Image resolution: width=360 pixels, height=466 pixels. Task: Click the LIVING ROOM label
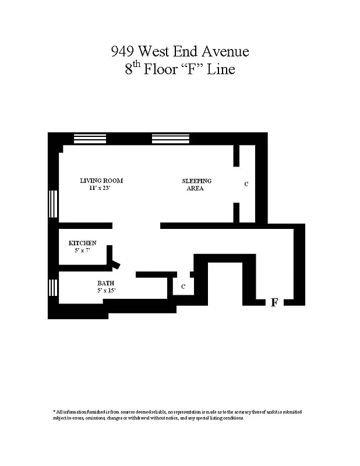[x=101, y=181]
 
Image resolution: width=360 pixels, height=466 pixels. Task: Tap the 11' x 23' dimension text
[x=99, y=188]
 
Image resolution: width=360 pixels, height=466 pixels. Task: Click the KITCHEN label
[x=82, y=243]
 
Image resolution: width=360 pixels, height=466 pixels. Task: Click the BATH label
[x=105, y=283]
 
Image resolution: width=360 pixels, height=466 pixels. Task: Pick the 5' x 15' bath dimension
[x=107, y=291]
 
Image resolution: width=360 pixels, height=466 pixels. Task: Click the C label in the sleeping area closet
[x=246, y=184]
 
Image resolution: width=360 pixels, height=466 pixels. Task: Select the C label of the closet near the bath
[x=183, y=287]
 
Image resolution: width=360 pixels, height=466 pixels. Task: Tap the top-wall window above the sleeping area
[x=167, y=139]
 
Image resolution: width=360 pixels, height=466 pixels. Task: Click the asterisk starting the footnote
[x=54, y=411]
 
